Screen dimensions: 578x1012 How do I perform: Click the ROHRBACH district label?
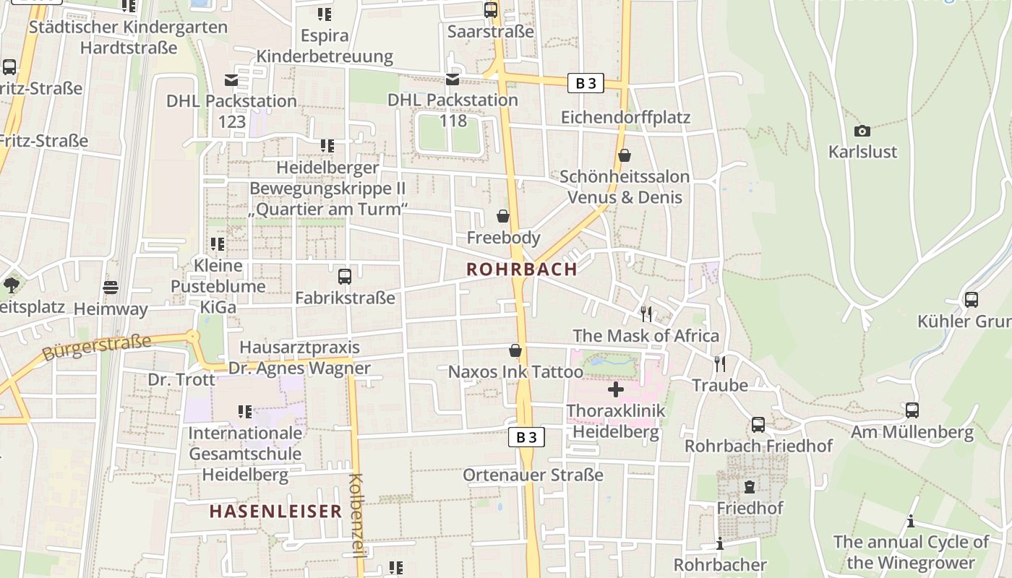pos(522,269)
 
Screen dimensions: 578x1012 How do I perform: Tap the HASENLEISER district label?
pos(275,512)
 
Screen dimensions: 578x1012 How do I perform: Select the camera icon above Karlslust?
pos(862,131)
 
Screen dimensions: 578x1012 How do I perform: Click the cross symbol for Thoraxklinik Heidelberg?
pos(616,390)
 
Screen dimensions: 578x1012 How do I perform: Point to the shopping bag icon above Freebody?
pos(503,216)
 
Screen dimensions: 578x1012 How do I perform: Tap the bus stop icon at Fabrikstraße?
pos(345,276)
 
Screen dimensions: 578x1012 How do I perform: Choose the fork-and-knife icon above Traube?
pos(720,363)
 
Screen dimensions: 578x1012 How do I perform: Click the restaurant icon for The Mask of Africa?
pos(646,314)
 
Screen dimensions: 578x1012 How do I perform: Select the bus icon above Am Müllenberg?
pos(912,410)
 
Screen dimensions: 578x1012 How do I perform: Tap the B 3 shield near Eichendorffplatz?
pos(586,83)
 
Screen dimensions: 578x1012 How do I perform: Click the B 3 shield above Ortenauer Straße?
pos(527,437)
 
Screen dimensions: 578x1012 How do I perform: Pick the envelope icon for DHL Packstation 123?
pos(231,79)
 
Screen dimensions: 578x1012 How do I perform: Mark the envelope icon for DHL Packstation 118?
pos(453,79)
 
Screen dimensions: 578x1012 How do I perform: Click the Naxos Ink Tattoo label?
pos(515,372)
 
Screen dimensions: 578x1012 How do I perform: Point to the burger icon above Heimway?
pos(110,288)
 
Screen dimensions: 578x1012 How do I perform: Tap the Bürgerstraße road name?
pos(97,348)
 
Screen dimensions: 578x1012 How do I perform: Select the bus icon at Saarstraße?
pos(491,10)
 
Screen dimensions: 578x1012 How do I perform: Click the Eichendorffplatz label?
pos(626,117)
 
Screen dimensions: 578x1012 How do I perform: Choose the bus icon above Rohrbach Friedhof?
pos(758,425)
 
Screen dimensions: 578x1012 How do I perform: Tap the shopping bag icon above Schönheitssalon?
pos(625,155)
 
